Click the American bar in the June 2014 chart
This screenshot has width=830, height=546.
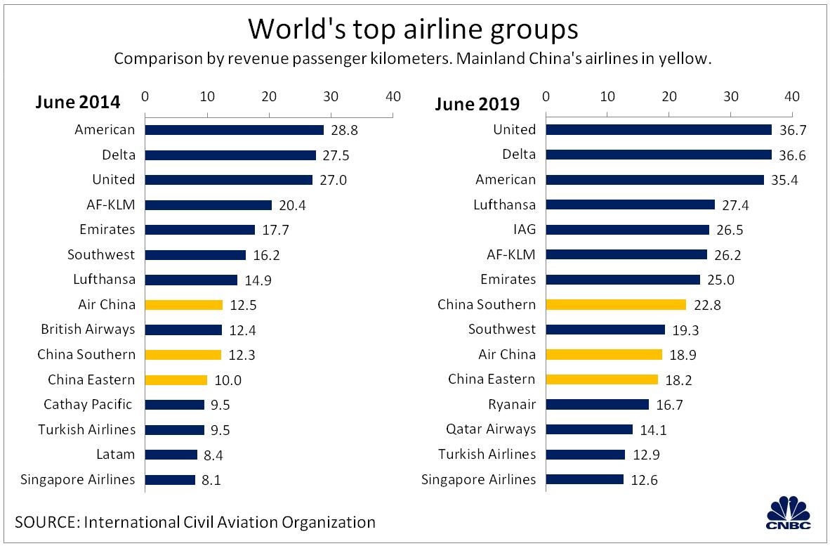pos(234,130)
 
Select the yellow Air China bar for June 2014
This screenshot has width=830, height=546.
pos(184,305)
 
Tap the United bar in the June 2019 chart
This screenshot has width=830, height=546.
pos(659,130)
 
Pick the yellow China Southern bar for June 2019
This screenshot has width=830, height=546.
pos(616,305)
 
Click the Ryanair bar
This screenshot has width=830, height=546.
pos(597,405)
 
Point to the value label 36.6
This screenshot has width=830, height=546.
pos(791,155)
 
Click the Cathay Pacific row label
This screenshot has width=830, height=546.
pos(88,405)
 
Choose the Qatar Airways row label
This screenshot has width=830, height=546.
pos(491,429)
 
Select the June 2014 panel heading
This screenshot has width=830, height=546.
pos(78,103)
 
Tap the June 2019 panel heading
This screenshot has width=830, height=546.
pos(477,105)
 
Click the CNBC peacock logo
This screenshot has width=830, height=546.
pos(789,513)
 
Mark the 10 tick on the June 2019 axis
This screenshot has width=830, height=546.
pos(607,96)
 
